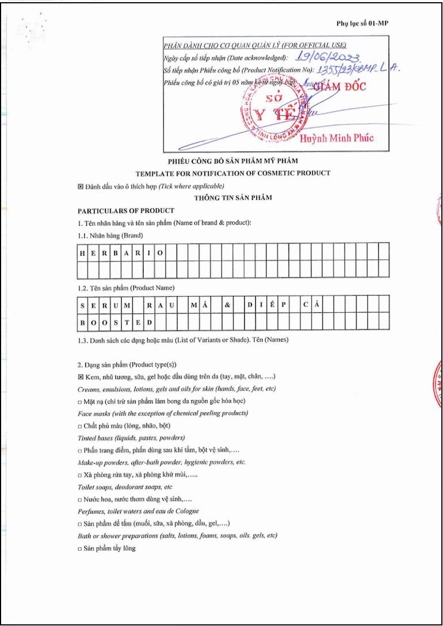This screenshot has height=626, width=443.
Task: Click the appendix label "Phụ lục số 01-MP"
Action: pos(366,23)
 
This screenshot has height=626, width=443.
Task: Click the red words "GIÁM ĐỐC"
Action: pos(339,86)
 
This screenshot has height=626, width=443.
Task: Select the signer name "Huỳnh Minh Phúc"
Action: pos(337,138)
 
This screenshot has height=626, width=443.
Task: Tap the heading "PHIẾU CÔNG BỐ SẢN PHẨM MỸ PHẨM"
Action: pos(233,161)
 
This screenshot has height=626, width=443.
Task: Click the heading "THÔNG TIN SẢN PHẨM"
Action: pos(233,198)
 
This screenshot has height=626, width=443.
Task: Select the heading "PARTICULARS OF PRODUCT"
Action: pos(126,211)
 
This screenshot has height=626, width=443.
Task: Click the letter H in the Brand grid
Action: pos(83,252)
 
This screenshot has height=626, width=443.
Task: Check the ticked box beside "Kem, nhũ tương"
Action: pos(80,377)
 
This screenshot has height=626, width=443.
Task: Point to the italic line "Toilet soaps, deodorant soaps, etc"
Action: pos(125,487)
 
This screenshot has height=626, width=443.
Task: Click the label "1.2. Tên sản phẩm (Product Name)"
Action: pos(126,288)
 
